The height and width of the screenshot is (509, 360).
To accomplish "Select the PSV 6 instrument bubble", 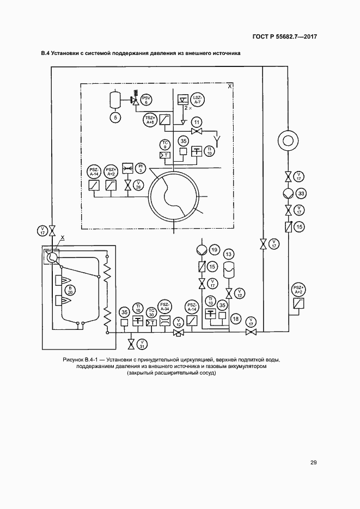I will click(x=147, y=99).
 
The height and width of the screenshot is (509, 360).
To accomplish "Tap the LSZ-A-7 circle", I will click(x=198, y=99).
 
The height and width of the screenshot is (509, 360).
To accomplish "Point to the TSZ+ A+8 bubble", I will click(x=150, y=120).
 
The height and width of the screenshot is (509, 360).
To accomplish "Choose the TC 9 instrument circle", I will click(x=165, y=144).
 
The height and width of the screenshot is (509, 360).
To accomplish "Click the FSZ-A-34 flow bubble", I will click(x=164, y=306).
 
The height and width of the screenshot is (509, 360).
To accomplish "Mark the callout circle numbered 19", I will click(x=214, y=250).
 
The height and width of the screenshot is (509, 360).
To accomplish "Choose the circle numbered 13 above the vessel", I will click(x=229, y=255).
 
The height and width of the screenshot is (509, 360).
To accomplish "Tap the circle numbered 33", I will click(x=300, y=193).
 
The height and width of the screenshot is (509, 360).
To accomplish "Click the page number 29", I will click(x=313, y=463).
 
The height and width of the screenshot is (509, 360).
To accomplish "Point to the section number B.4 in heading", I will click(x=45, y=54).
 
